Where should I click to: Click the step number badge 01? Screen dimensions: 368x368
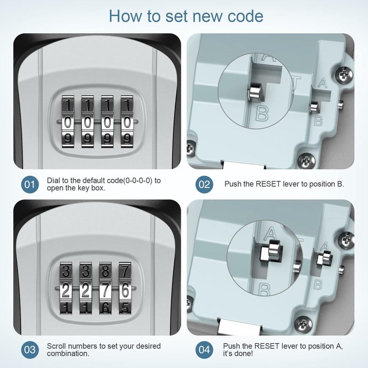(x=29, y=185)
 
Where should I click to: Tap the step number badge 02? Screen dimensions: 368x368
(x=204, y=185)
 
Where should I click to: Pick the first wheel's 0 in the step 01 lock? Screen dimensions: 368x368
(x=67, y=122)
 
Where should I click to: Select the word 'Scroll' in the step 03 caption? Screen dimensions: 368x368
(x=57, y=345)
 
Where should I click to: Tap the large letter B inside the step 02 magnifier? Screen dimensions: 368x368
(x=261, y=114)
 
